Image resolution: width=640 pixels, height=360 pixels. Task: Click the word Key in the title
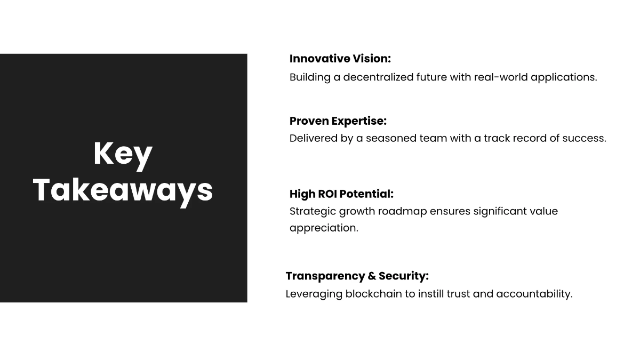[123, 154]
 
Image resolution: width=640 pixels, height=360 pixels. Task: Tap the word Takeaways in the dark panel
[123, 190]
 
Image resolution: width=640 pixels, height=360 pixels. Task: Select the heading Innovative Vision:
[340, 59]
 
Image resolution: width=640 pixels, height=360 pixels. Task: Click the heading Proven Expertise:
[338, 121]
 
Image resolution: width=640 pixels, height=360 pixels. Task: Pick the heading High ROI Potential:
[341, 194]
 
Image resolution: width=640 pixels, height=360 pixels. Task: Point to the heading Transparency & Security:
[357, 276]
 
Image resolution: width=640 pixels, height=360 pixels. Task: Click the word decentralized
[378, 77]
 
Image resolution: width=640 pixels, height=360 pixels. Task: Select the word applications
[564, 77]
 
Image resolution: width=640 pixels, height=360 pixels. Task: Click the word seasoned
[391, 139]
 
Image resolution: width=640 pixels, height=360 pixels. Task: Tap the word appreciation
[324, 228]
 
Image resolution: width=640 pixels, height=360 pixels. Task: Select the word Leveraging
[314, 294]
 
